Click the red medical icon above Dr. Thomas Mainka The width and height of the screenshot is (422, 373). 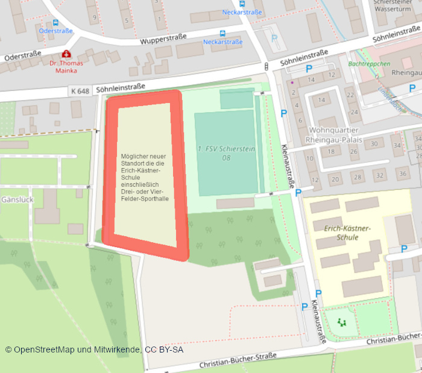[66, 53]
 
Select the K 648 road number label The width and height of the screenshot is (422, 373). [80, 91]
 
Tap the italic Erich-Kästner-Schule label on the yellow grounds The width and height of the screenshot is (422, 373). [347, 233]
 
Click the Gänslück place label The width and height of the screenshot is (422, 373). [16, 199]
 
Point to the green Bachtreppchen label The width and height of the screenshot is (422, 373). [369, 64]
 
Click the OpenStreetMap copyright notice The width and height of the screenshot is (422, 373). [94, 349]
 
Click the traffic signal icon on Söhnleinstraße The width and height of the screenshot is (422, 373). [266, 66]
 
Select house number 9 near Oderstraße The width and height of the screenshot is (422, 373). [95, 18]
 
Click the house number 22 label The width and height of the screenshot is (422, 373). [350, 96]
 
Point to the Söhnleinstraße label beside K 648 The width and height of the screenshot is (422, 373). [120, 87]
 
